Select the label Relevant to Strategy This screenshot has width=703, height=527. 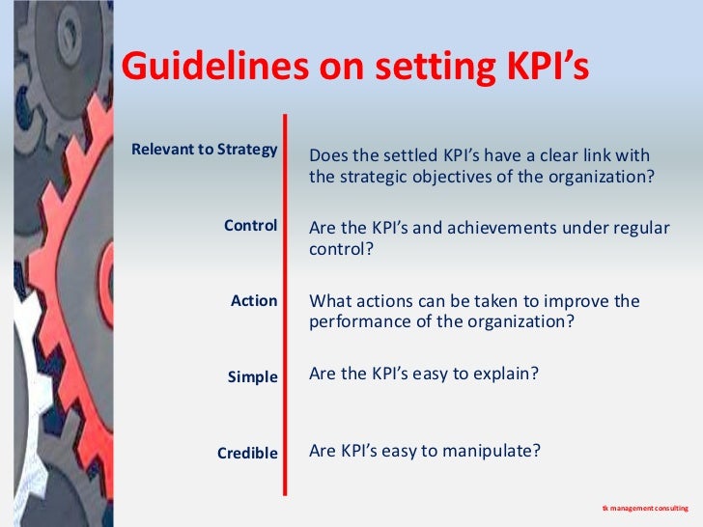pyautogui.click(x=205, y=150)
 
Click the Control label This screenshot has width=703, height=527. pyautogui.click(x=251, y=226)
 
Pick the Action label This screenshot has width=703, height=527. pyautogui.click(x=254, y=301)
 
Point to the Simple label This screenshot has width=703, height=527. pyautogui.click(x=253, y=376)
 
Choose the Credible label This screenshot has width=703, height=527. pyautogui.click(x=247, y=453)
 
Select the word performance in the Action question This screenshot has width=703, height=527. pyautogui.click(x=356, y=322)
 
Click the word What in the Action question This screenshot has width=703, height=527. pyautogui.click(x=329, y=301)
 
